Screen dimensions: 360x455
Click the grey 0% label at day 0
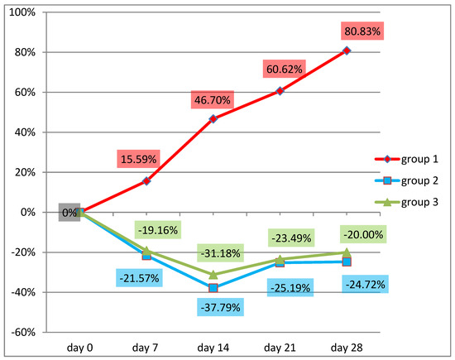coord(69,212)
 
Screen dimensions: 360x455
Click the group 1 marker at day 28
coord(347,51)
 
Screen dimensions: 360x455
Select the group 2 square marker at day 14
coord(213,288)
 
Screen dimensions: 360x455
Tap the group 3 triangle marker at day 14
coord(213,274)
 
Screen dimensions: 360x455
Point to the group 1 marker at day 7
coord(146,180)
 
